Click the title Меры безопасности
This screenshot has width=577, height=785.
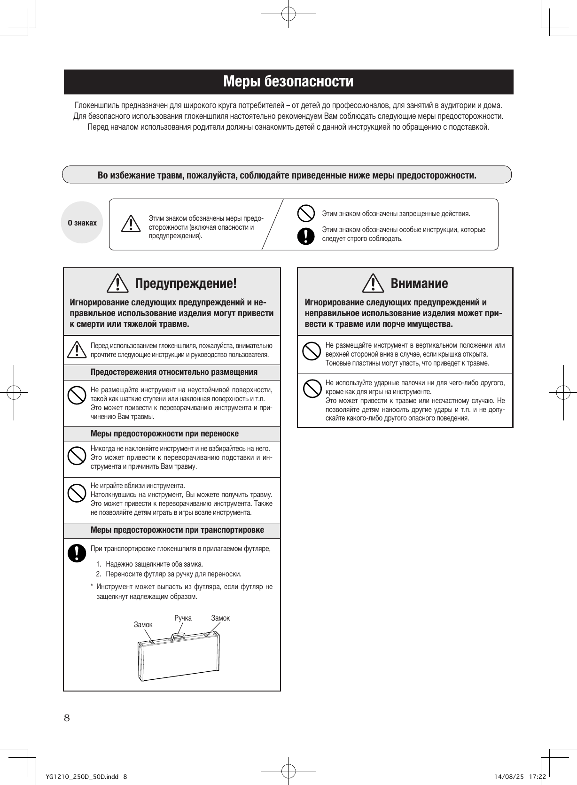tap(288, 82)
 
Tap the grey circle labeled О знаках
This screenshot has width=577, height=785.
tap(82, 223)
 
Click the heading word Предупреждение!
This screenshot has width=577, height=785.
tap(186, 284)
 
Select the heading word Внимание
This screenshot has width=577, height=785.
tap(419, 283)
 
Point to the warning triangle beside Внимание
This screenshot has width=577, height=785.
tap(374, 283)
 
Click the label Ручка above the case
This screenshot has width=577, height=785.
tap(183, 618)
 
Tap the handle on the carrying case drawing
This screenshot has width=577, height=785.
tap(179, 637)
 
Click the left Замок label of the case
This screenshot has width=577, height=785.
tap(143, 624)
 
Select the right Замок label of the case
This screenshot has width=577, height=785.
tap(220, 618)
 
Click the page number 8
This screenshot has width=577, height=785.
tap(67, 717)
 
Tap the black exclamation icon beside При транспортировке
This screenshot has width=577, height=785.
tap(74, 553)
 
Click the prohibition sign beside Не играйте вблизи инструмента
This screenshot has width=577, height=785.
tap(75, 493)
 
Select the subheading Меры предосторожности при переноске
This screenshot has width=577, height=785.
tap(164, 434)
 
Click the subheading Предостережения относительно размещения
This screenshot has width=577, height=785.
tap(174, 372)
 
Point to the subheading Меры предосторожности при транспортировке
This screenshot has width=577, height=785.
tap(177, 530)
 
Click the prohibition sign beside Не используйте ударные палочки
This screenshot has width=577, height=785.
tap(311, 388)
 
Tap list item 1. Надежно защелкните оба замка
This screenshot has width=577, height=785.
tap(149, 564)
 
